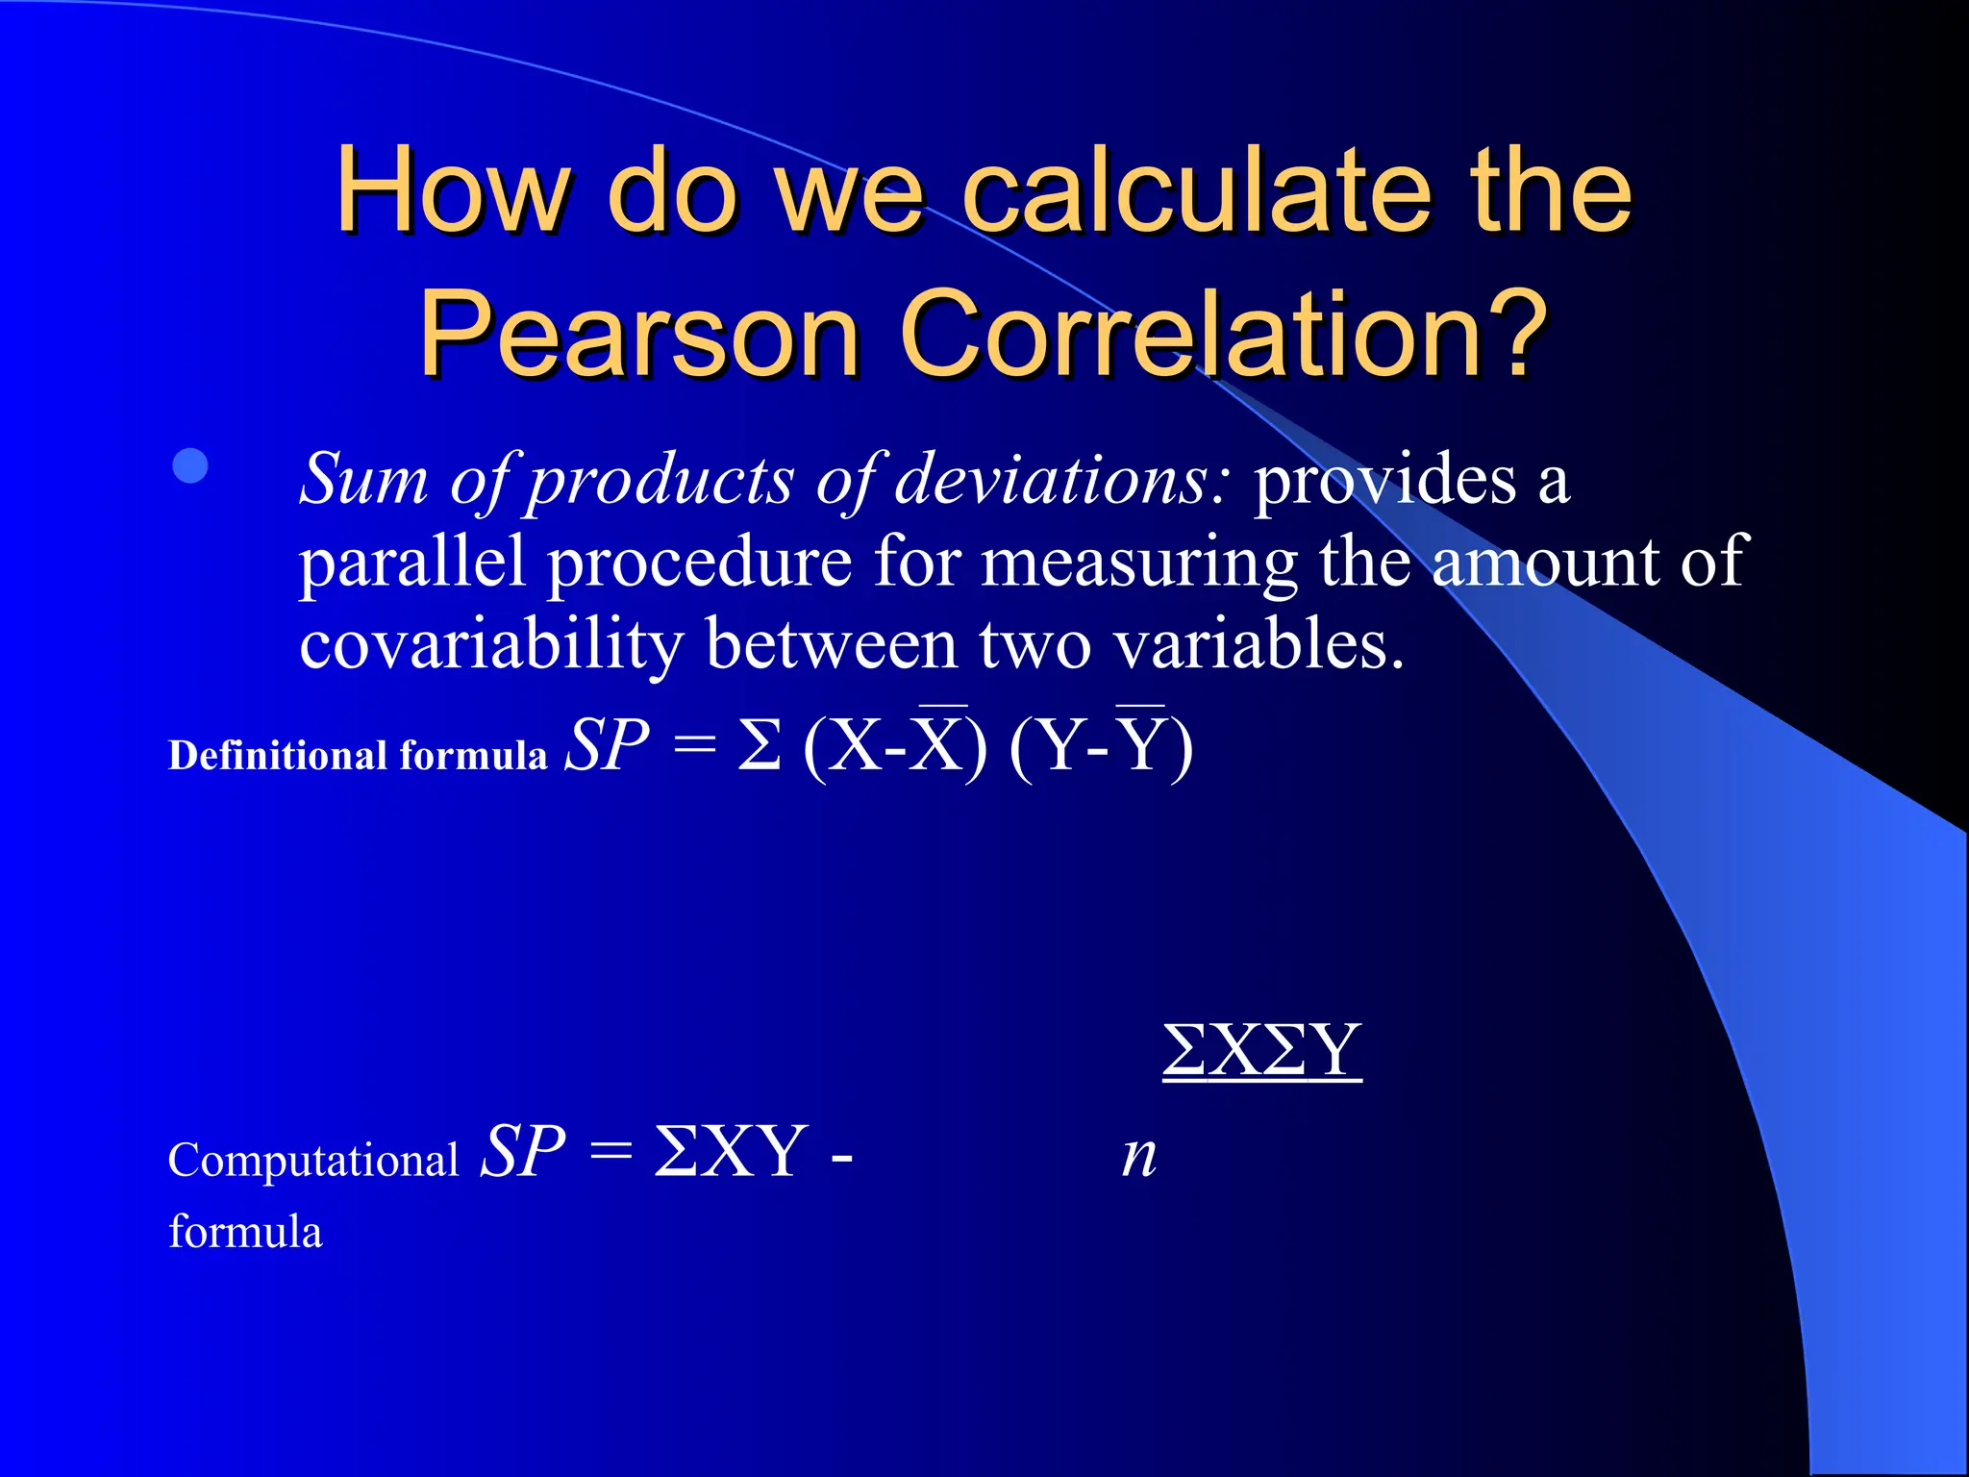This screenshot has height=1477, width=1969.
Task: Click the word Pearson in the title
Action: (639, 334)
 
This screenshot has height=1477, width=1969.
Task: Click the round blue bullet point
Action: (190, 465)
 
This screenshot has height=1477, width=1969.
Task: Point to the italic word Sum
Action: (363, 478)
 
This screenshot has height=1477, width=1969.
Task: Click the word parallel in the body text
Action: (411, 562)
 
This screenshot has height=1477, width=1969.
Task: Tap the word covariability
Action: (490, 643)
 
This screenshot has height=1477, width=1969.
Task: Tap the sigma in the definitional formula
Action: (759, 745)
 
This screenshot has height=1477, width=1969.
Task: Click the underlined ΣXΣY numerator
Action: (1261, 1050)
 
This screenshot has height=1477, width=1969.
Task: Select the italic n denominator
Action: (1139, 1153)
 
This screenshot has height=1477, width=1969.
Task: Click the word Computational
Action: (312, 1160)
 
